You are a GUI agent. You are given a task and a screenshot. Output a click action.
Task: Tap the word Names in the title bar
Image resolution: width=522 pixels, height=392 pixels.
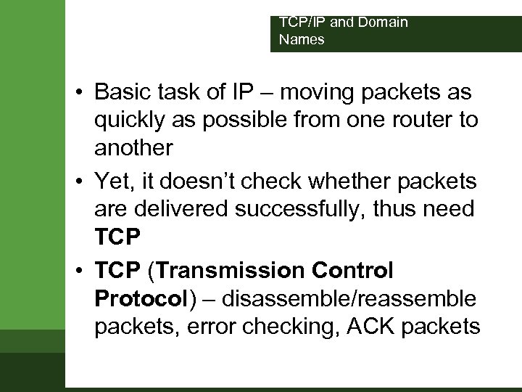pos(302,40)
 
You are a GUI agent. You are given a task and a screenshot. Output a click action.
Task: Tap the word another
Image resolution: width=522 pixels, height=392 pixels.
pos(133,148)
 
